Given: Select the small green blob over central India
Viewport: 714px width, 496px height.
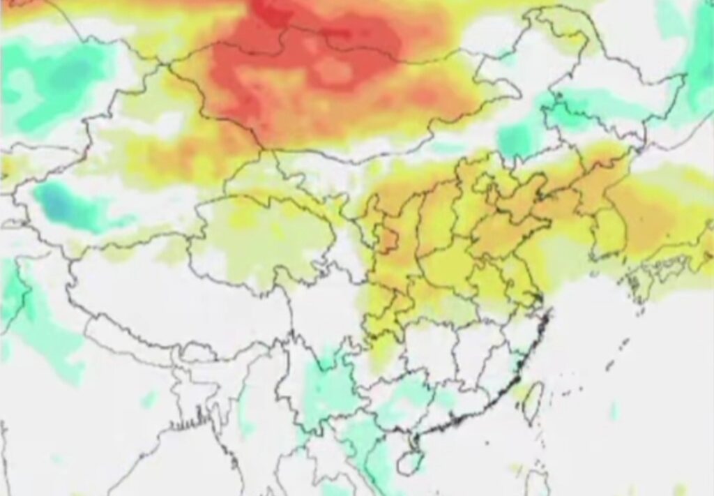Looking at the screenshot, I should coord(149,399).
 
